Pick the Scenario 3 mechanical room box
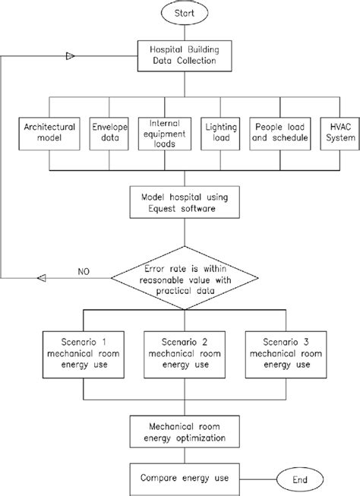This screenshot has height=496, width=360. click(283, 352)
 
